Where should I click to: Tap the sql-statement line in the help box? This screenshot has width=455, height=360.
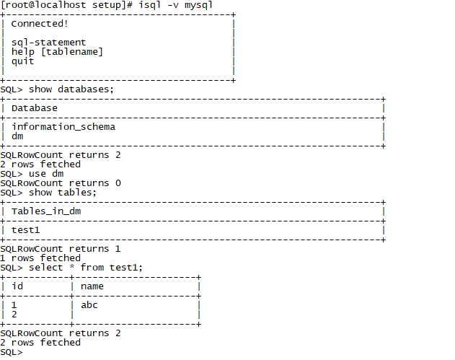pyautogui.click(x=48, y=43)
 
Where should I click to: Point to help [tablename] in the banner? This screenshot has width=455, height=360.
pyautogui.click(x=57, y=52)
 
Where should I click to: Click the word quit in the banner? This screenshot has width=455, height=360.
pyautogui.click(x=22, y=61)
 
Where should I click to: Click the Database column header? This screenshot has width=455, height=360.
pyautogui.click(x=34, y=108)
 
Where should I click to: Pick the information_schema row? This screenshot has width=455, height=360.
pyautogui.click(x=63, y=127)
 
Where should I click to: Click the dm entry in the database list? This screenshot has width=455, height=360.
pyautogui.click(x=17, y=136)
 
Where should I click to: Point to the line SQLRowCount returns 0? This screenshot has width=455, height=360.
pyautogui.click(x=61, y=183)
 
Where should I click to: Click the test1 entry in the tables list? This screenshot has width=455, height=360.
pyautogui.click(x=25, y=230)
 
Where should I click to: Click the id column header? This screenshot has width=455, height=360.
pyautogui.click(x=17, y=286)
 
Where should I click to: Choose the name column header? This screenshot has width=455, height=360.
pyautogui.click(x=92, y=286)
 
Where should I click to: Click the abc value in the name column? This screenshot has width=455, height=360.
pyautogui.click(x=89, y=305)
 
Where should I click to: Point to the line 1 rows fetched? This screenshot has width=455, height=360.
pyautogui.click(x=40, y=258)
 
